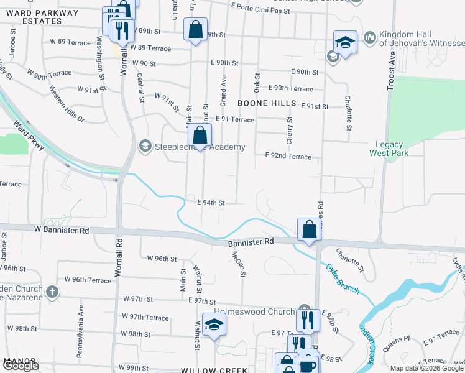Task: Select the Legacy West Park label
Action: click(x=389, y=148)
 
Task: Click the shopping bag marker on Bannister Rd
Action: click(x=309, y=229)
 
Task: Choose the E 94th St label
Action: click(x=211, y=203)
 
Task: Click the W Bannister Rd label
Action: click(x=62, y=230)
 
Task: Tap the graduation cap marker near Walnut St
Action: click(x=214, y=326)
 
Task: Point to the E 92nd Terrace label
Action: click(x=288, y=157)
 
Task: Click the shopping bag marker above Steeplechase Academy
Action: click(x=200, y=136)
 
